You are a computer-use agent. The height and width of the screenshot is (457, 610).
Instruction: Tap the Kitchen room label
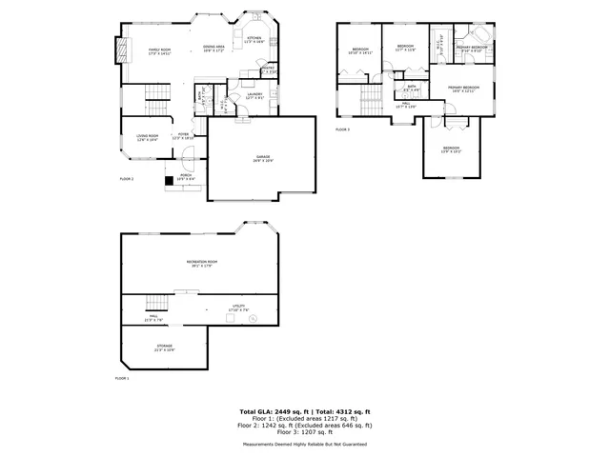254,40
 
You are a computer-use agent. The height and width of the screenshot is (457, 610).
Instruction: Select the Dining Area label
213,49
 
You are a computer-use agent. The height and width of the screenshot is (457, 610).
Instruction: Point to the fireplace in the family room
120,49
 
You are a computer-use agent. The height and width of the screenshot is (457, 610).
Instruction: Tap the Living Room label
146,138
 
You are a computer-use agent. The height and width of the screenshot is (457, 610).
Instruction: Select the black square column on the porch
170,177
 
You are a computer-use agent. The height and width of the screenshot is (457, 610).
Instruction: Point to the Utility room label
237,308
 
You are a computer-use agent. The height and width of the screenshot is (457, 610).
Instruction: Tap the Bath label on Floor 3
412,88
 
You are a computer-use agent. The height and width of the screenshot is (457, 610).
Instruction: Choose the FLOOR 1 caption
122,379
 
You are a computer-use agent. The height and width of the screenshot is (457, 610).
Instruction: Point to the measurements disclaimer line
305,444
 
